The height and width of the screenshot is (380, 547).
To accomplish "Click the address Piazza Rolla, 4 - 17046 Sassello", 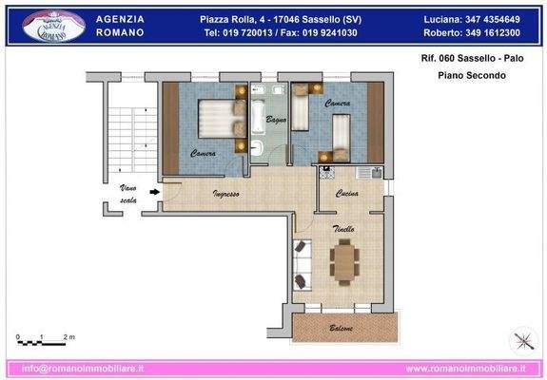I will tap(279, 19).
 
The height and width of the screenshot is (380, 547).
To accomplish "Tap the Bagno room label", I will tap(276, 120).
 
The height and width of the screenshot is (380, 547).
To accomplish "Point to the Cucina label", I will tap(346, 195).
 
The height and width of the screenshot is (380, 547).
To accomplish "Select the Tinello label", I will tap(343, 229).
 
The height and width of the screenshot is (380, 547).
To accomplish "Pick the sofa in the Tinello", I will tap(303, 263).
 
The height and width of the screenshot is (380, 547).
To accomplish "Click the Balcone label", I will tap(342, 329).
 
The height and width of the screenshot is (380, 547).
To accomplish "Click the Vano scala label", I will tap(127, 195).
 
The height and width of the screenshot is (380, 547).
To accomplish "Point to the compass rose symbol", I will tap(520, 339).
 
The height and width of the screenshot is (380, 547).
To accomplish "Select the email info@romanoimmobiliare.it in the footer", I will tap(83, 368).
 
